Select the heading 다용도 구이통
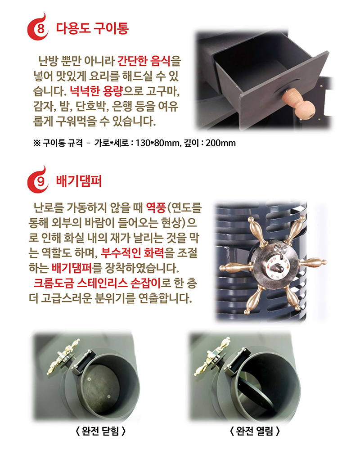[92, 29]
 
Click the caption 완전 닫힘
[99, 431]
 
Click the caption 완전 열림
[255, 431]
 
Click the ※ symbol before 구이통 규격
[37, 143]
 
